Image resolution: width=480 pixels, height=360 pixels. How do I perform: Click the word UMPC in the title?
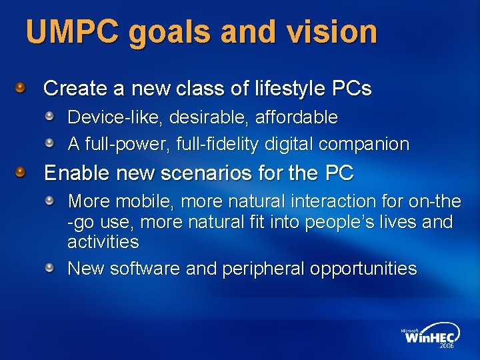click(73, 31)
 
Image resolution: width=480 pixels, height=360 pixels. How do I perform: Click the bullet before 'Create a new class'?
click(21, 87)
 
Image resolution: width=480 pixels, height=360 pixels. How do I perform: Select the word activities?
click(103, 241)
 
